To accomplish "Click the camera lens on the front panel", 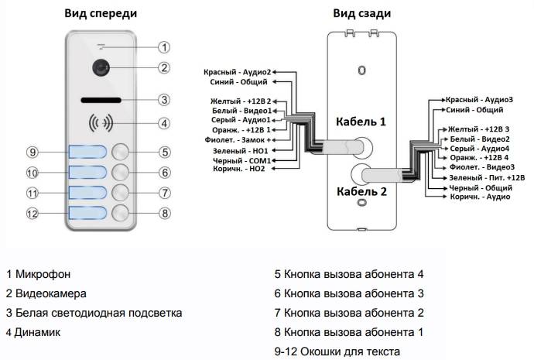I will pos(101,67).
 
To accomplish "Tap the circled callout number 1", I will pos(163,46).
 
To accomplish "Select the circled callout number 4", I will pos(163,123).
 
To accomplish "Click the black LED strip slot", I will pos(101,100).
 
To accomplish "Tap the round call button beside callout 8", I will pos(120,213).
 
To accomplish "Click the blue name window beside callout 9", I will pos(86,152).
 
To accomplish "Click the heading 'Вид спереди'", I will pos(101,12).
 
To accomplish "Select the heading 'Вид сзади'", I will pos(361,13).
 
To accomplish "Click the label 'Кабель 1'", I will pos(360,122).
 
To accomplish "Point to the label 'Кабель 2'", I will pos(359,190).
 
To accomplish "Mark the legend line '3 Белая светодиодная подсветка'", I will pos(94,313).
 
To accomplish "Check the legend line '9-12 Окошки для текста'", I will pos(337,351).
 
